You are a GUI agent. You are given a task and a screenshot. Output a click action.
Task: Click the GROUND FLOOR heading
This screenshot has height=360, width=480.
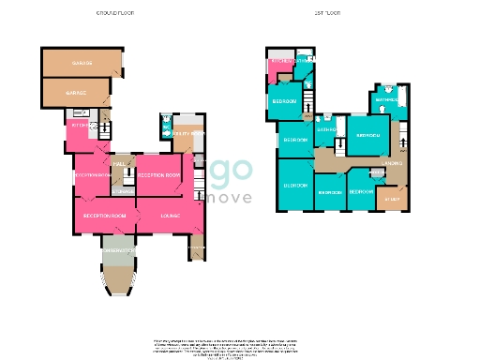[x=113, y=14]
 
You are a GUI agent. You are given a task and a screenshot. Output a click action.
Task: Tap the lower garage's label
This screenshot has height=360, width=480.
[x=76, y=94]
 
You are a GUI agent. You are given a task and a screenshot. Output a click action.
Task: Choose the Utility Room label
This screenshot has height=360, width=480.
[x=184, y=135]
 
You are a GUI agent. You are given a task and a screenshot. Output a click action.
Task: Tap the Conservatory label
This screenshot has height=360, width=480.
[x=119, y=251]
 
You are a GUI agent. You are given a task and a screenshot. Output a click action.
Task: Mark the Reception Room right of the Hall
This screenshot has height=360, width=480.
[x=158, y=175]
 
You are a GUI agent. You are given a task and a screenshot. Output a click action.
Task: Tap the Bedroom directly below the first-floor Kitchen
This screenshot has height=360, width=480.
[x=285, y=100]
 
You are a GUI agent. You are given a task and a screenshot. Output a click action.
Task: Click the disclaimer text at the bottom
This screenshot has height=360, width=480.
[x=240, y=347]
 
